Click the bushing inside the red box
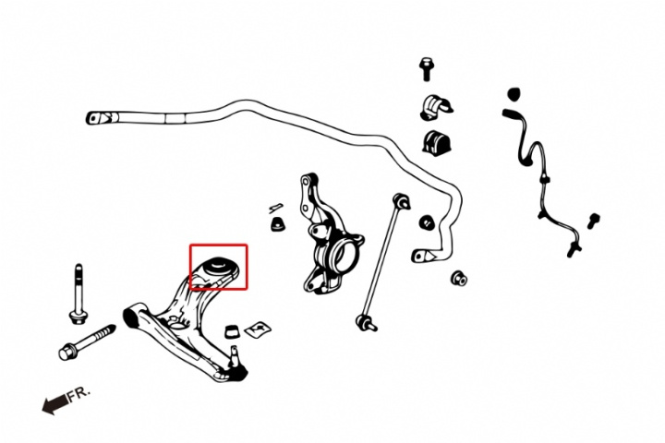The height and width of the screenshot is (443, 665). click(x=218, y=266)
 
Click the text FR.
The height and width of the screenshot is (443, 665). click(x=79, y=394)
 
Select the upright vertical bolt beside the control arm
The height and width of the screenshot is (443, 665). click(x=78, y=294)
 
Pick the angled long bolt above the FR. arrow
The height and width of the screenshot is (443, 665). click(x=87, y=342)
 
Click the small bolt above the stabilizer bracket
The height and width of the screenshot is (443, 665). click(x=426, y=69)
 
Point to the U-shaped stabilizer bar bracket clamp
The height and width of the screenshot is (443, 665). click(x=436, y=107)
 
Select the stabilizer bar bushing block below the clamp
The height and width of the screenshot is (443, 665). click(x=436, y=142)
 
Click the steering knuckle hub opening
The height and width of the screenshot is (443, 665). click(x=342, y=255)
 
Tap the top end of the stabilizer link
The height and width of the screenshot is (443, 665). click(x=402, y=200)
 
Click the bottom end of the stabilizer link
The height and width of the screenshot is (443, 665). click(x=365, y=323)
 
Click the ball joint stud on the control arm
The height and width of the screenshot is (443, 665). click(x=235, y=355)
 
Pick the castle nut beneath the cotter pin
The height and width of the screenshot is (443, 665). click(x=277, y=223)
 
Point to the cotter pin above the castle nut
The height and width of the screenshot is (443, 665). click(x=276, y=208)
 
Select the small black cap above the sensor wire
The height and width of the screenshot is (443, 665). click(x=514, y=94)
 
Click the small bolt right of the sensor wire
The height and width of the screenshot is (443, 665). click(x=593, y=221)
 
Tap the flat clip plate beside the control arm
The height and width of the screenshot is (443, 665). click(x=258, y=329)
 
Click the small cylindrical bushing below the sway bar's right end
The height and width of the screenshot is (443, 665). click(x=459, y=278)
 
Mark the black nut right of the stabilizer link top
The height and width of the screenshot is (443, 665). click(x=426, y=222)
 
